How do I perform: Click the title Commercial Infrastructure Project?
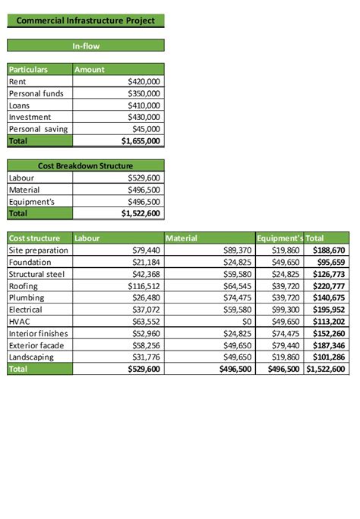85,20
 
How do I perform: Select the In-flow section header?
85,46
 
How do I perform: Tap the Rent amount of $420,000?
144,81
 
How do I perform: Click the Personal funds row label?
36,93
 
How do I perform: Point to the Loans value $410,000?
144,105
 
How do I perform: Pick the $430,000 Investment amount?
144,117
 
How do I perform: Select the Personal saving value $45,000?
146,129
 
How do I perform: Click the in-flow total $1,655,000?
141,141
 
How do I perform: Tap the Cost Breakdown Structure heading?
85,165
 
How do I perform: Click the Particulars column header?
28,69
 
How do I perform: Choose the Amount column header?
90,69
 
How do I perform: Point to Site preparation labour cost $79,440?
146,250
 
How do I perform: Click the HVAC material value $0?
245,322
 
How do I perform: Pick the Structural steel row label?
37,274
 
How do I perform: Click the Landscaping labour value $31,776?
146,357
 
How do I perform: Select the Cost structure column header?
33,238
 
